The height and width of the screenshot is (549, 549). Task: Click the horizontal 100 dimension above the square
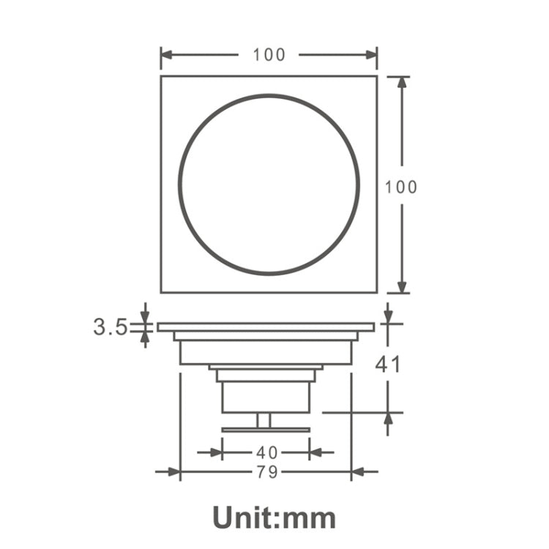tap(269, 55)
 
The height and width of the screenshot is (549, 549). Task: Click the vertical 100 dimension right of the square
tap(401, 187)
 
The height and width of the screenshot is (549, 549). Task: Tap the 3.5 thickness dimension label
tap(111, 326)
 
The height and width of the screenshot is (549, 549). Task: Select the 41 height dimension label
tap(388, 363)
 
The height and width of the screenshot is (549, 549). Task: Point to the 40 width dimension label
tap(266, 452)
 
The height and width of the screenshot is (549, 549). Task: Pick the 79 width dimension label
tap(266, 472)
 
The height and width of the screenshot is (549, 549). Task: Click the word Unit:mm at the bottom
tap(274, 517)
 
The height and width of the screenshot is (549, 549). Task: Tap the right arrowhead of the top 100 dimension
tap(371, 55)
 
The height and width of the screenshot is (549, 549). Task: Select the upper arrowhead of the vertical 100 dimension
tap(401, 82)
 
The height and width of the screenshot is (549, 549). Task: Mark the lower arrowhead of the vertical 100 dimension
tap(401, 286)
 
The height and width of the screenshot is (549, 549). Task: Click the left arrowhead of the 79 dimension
tap(173, 472)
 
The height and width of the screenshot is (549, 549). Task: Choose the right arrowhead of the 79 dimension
tap(358, 472)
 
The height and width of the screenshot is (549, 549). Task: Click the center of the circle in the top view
tap(269, 184)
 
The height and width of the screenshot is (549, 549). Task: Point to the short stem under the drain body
tap(264, 420)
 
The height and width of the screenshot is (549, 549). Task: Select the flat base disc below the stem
tap(265, 430)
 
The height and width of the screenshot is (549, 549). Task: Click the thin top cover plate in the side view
tap(266, 327)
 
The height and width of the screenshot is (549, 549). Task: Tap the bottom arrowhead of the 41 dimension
tap(388, 419)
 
